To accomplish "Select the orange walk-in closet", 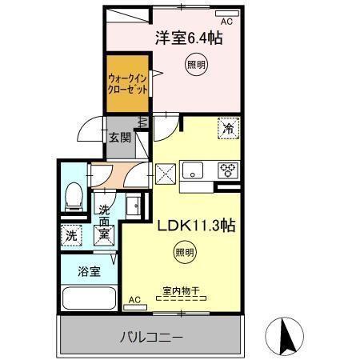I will click(x=127, y=80).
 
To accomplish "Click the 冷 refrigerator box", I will click(x=227, y=128).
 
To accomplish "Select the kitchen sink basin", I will click(x=194, y=170).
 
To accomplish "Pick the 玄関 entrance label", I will click(x=120, y=137).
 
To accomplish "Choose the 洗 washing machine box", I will click(x=70, y=236).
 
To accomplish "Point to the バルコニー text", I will click(x=153, y=337).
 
